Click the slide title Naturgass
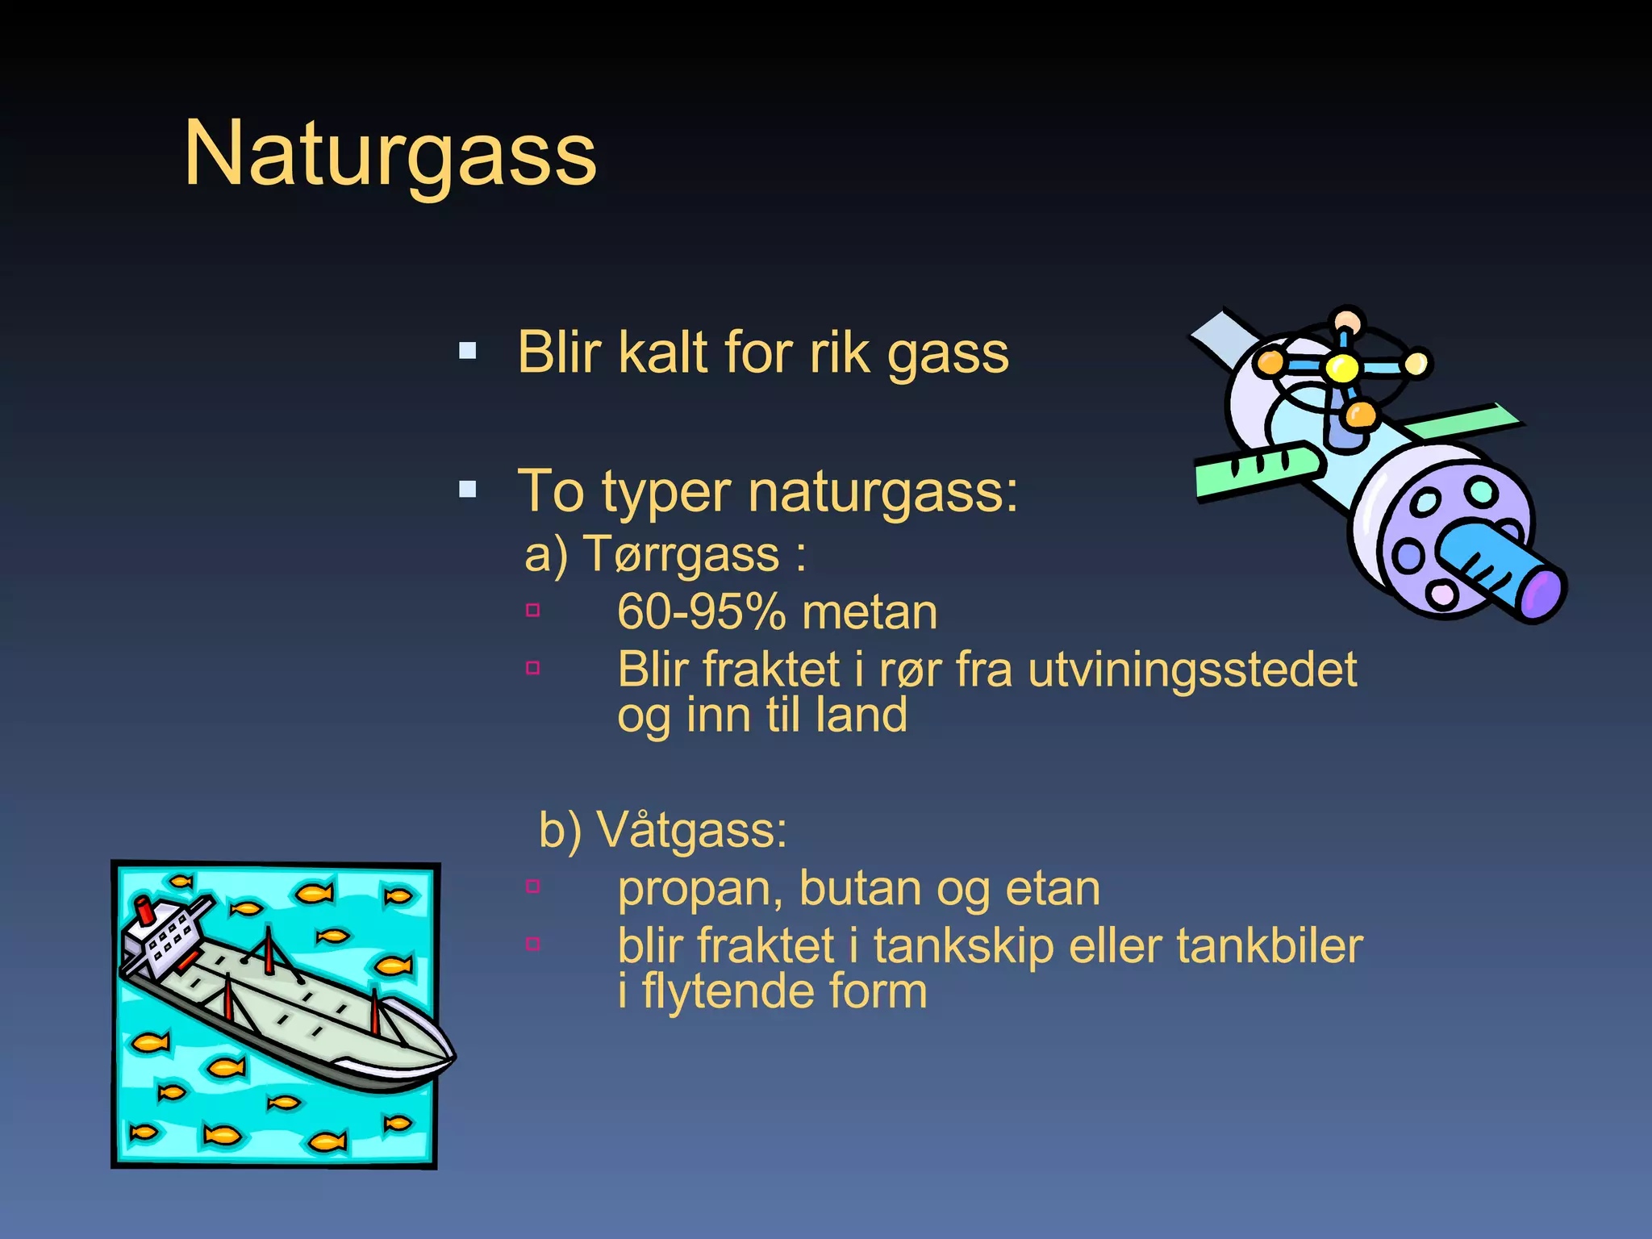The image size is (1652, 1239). pos(390,154)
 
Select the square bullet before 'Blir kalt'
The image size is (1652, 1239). pos(467,351)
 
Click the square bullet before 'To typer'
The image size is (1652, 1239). pos(467,490)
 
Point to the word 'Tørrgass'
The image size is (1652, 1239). pos(682,555)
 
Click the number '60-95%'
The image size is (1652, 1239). pos(701,612)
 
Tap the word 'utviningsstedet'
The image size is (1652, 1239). pos(1192,670)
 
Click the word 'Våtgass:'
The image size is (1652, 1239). pos(692,829)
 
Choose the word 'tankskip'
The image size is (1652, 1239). pos(963,945)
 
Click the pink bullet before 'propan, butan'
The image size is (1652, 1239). pos(532,886)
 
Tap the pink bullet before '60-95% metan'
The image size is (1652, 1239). pos(532,611)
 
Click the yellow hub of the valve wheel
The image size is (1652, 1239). pos(1342,369)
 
